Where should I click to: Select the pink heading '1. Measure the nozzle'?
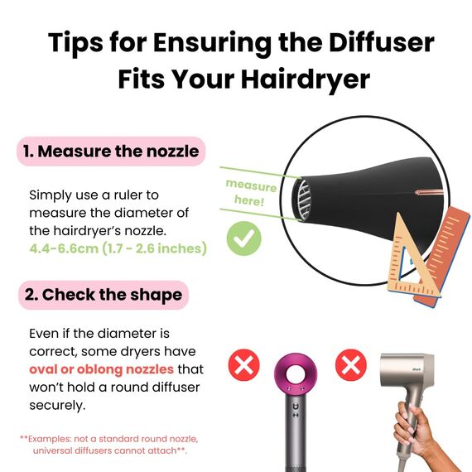click(110, 152)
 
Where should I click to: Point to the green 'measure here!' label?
click(251, 193)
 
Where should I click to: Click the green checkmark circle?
click(243, 240)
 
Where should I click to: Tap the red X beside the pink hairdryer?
click(243, 364)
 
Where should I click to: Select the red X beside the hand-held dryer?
click(351, 364)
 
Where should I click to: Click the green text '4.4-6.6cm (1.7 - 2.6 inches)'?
click(118, 248)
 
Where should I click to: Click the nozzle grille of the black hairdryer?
click(305, 199)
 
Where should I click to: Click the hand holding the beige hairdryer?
click(414, 431)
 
